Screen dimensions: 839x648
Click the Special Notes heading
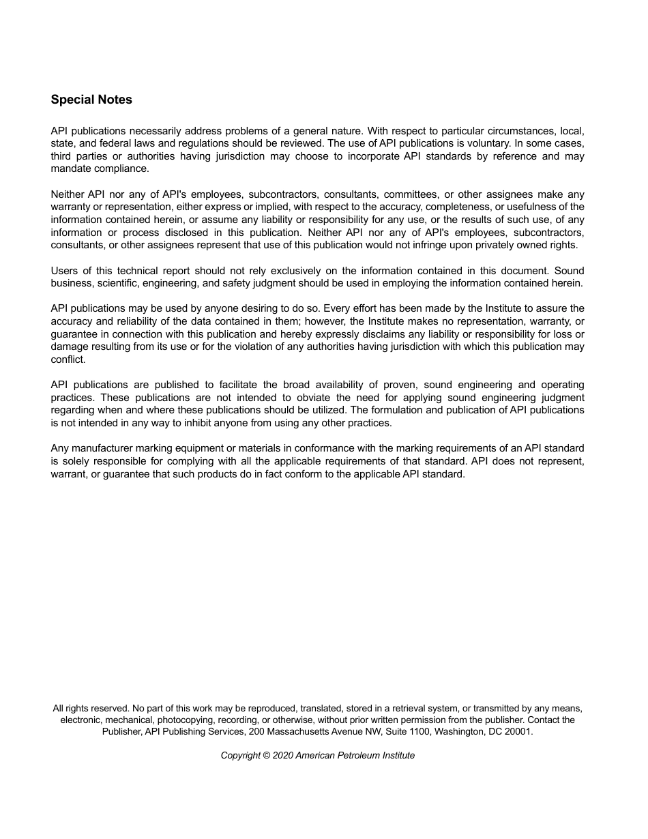(x=91, y=100)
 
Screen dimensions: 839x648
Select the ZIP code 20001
(x=518, y=731)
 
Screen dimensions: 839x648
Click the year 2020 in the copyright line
(x=282, y=755)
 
